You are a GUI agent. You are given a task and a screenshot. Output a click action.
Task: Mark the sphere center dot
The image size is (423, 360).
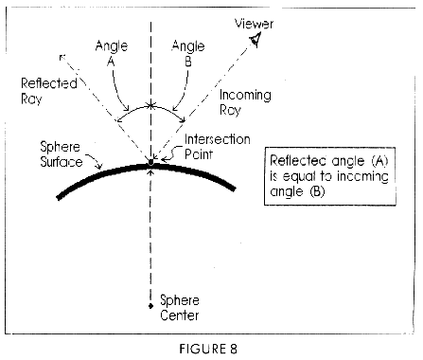click(150, 303)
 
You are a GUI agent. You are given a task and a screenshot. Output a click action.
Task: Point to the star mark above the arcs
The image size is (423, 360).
click(150, 105)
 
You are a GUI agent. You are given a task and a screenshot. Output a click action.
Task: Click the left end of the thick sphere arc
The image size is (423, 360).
click(60, 197)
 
